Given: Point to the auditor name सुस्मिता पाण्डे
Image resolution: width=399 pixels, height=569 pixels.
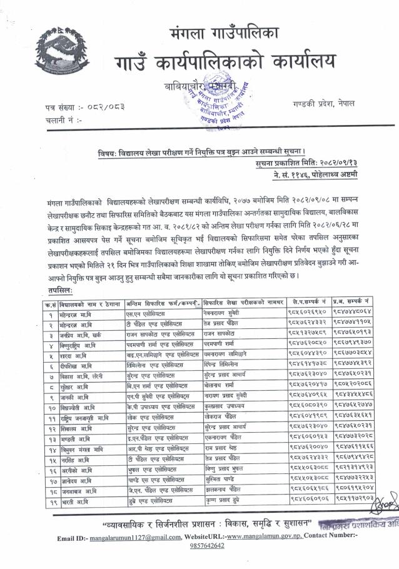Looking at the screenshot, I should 221,480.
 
